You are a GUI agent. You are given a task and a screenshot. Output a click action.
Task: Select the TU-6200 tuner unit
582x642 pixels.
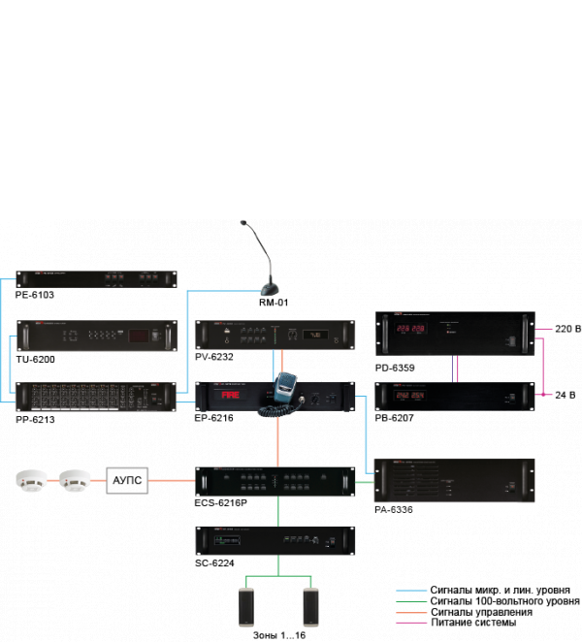tap(97, 337)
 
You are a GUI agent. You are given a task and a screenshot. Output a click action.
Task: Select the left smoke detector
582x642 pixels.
tap(33, 478)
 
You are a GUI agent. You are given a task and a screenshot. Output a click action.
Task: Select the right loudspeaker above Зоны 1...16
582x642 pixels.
tap(310, 606)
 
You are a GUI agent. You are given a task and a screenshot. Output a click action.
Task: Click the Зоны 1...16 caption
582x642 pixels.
tap(280, 634)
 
